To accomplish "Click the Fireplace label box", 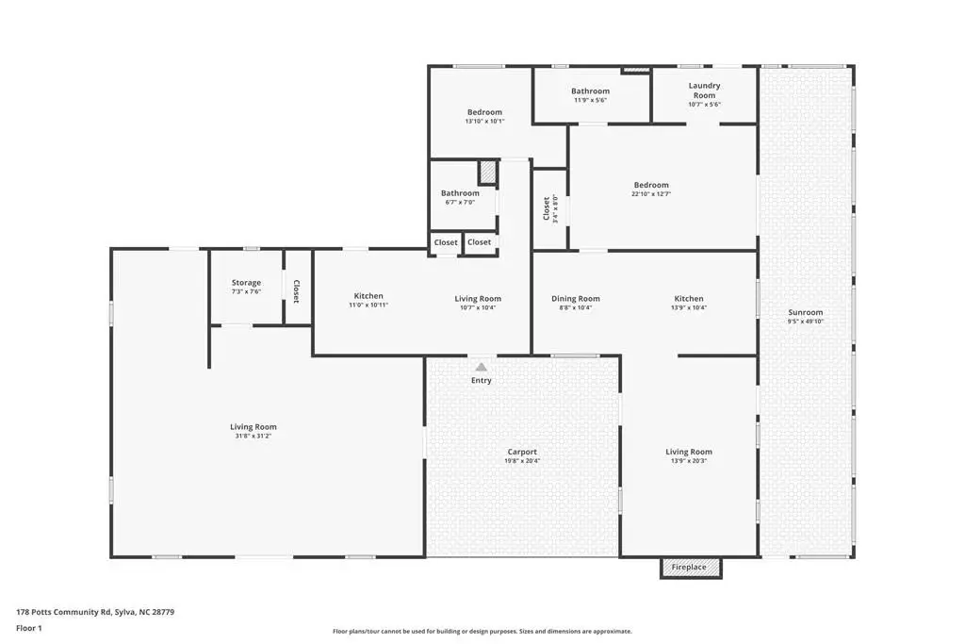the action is point(691,568).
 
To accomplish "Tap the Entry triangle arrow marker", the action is point(482,367).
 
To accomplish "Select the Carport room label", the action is point(522,452).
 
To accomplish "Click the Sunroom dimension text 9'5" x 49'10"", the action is point(806,321).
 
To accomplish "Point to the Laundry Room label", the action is point(704,91).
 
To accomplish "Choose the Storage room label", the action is point(246,283).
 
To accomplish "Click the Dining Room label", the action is point(576,299).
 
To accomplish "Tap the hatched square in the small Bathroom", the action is point(488,172).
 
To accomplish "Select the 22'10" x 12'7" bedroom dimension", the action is point(651,193).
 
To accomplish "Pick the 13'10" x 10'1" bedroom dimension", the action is point(485,122).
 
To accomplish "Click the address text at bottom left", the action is point(95,612).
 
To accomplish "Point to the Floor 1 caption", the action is point(29,628).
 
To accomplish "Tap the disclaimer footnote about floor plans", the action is point(482,631).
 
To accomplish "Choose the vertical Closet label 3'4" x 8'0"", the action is point(550,209).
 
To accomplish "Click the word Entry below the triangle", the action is point(482,381).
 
